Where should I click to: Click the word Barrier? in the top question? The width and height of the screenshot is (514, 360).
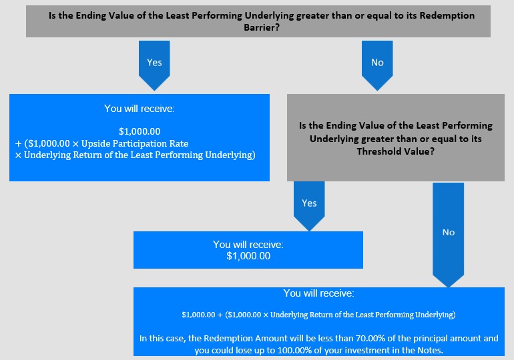click(x=262, y=27)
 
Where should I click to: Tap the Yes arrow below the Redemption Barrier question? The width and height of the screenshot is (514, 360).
click(x=154, y=65)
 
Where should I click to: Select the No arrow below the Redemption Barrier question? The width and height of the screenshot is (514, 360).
click(x=377, y=65)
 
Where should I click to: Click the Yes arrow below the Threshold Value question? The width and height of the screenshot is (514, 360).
click(x=309, y=206)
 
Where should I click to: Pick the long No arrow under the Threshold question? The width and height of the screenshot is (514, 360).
click(x=449, y=235)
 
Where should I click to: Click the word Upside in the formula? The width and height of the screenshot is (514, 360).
click(x=94, y=144)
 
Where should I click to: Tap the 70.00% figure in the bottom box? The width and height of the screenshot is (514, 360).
click(x=370, y=338)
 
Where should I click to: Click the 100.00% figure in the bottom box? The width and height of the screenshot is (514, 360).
click(x=294, y=350)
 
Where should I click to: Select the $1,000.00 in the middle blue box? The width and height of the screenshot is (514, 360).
click(x=248, y=256)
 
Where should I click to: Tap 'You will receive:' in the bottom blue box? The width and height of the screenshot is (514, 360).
click(x=318, y=293)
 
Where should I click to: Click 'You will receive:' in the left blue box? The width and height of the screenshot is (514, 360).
click(x=140, y=109)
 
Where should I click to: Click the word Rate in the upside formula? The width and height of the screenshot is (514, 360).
click(x=179, y=144)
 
